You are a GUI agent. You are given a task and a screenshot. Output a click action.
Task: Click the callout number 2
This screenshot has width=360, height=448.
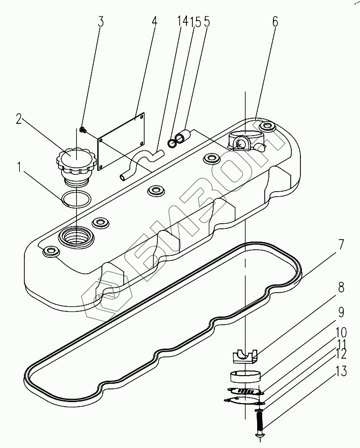tap(19, 119)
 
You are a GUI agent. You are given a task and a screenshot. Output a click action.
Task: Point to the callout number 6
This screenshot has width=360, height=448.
tap(275, 22)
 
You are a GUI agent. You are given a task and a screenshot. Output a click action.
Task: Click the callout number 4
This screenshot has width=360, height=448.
tap(154, 22)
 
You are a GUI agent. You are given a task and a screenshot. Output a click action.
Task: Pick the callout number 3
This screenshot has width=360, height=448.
tap(101, 22)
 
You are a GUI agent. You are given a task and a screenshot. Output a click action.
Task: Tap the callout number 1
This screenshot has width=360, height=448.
tap(19, 167)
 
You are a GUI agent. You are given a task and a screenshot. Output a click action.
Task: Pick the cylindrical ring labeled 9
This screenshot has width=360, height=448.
tap(245, 377)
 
